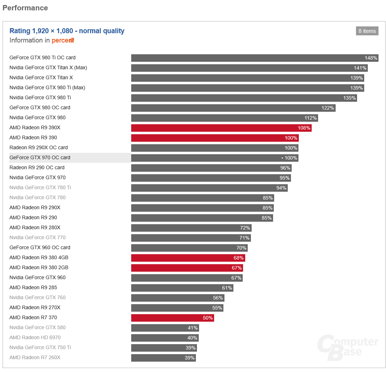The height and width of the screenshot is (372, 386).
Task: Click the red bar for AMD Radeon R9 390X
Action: [221, 128]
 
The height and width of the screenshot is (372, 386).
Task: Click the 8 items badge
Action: [367, 31]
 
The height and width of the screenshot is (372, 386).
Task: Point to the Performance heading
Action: [25, 8]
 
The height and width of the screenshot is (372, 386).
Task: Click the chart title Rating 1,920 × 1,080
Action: [67, 31]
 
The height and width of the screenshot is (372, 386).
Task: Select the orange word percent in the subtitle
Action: [63, 40]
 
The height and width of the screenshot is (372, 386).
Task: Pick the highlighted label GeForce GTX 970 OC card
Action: [40, 158]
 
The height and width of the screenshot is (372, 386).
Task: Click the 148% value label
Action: [371, 58]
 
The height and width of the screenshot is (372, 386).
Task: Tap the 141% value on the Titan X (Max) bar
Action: [360, 68]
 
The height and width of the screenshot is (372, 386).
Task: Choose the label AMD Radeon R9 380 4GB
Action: [39, 258]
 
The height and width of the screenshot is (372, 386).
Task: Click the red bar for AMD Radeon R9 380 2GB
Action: [187, 268]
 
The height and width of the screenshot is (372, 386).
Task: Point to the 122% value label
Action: [328, 108]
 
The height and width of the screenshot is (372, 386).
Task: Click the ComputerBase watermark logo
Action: [347, 347]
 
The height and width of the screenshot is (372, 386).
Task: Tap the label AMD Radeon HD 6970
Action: [35, 338]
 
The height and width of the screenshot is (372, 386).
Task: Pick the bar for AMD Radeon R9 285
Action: [182, 288]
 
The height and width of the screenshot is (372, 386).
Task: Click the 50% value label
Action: [208, 318]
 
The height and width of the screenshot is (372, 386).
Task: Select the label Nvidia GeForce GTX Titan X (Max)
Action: [48, 68]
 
